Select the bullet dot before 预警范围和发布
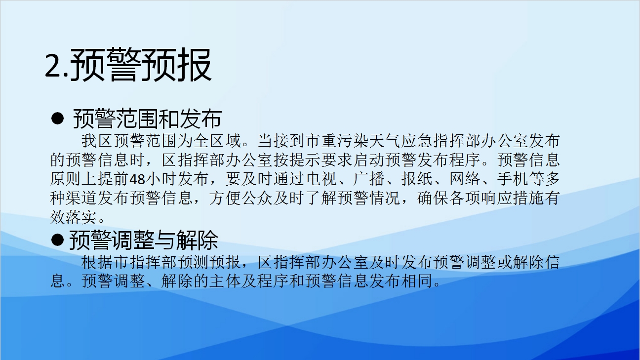57,119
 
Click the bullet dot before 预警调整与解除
57,240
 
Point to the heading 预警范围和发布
148,119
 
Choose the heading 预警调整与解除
144,240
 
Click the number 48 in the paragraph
137,179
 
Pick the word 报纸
417,179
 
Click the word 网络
465,179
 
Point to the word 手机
513,179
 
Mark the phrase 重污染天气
360,141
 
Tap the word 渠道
81,198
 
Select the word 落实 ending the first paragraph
81,217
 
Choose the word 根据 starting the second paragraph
97,262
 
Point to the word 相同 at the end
417,281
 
